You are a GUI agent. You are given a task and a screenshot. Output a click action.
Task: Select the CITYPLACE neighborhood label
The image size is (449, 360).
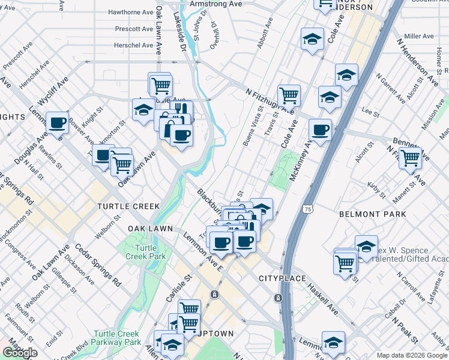[x=283, y=279]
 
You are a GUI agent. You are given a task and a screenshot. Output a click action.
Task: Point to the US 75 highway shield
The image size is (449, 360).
[x=307, y=209]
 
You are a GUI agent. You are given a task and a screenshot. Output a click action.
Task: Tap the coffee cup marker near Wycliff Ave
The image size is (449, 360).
[x=58, y=123]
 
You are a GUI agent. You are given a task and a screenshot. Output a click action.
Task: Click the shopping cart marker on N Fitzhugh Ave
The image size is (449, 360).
[x=289, y=95]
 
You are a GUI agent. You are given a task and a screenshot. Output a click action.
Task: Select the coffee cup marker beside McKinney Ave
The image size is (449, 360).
[x=320, y=129]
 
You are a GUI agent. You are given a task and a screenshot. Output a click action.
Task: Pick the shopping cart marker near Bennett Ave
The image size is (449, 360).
[x=411, y=158]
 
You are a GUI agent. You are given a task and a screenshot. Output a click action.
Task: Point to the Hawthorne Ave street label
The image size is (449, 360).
[x=130, y=12]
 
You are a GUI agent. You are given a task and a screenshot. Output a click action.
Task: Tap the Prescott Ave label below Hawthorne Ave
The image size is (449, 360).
[x=134, y=28]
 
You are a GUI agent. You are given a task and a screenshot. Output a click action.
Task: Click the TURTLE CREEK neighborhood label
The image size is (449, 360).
[x=128, y=206]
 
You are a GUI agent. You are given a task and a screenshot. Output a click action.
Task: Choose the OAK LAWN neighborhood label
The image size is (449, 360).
[x=150, y=229]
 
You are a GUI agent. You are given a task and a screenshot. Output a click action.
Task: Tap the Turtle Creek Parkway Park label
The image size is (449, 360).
[x=118, y=337]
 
